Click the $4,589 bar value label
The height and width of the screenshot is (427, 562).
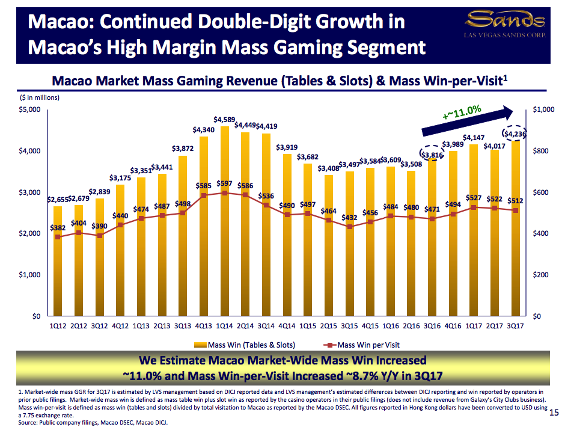224,120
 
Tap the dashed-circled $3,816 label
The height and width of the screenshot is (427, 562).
432,155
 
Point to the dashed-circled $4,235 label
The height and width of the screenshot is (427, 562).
515,134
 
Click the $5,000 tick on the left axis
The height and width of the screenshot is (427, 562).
29,109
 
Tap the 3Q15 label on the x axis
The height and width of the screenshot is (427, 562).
349,326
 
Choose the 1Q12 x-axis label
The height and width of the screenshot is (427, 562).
58,326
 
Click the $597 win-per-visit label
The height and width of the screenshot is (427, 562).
224,183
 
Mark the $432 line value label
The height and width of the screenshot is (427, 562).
350,217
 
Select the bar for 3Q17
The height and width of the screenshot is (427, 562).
515,229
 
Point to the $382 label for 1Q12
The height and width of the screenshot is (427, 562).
57,228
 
